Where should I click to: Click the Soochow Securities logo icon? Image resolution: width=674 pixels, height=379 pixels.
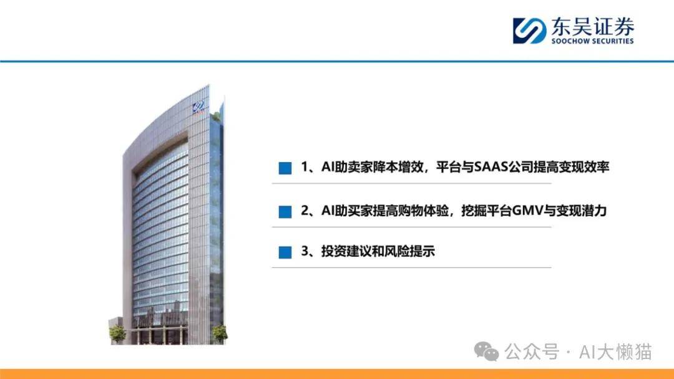coord(529,31)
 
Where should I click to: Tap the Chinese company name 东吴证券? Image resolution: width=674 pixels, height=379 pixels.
coord(593,27)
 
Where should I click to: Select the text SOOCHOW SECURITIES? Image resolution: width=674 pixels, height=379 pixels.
coord(593,41)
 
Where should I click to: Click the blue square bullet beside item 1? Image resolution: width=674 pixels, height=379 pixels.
coord(285,168)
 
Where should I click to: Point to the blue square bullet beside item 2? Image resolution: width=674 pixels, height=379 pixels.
coord(285,211)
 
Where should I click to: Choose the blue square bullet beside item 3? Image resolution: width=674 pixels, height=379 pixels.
coord(285,252)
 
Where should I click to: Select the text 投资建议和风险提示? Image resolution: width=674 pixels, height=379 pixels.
coord(378,251)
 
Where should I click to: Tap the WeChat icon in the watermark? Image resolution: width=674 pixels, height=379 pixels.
coord(486,352)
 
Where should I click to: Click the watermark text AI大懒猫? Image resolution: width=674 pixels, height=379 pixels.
coord(615,352)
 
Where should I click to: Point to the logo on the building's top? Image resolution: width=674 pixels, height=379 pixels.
coord(198,107)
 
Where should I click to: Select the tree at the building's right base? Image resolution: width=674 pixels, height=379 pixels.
coord(219,333)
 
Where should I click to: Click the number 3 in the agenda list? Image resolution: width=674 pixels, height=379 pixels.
coord(305,251)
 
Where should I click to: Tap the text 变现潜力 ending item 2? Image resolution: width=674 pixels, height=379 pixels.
coord(581,211)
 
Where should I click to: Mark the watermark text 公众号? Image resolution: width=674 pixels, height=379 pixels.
coord(531,352)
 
